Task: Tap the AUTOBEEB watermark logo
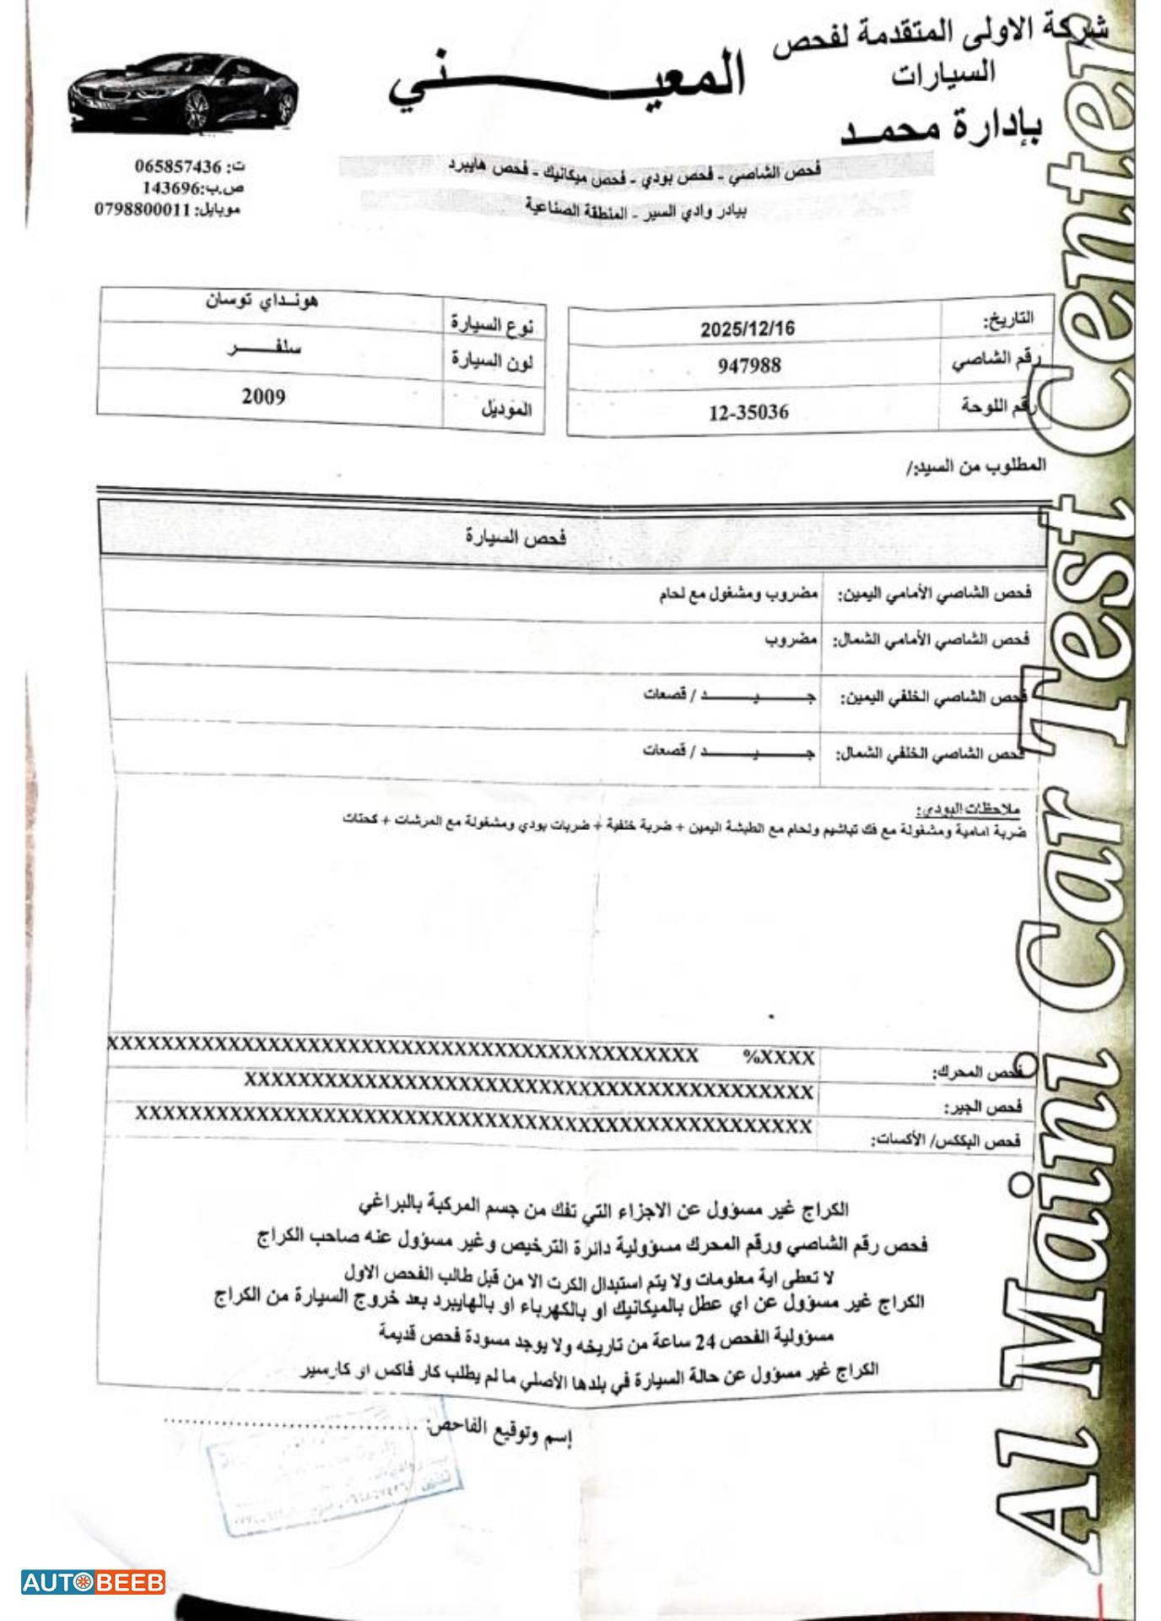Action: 93,1581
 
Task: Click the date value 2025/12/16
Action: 747,328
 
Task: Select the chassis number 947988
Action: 749,366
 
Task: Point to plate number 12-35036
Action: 748,413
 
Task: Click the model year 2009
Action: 263,396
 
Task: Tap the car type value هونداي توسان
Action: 262,301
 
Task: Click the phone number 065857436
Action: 177,166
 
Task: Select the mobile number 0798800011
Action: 143,209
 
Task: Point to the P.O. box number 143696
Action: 171,187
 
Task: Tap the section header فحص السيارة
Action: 516,537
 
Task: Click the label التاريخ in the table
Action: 1007,320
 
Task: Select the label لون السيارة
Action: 491,362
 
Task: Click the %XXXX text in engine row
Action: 778,1057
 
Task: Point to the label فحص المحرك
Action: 977,1072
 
